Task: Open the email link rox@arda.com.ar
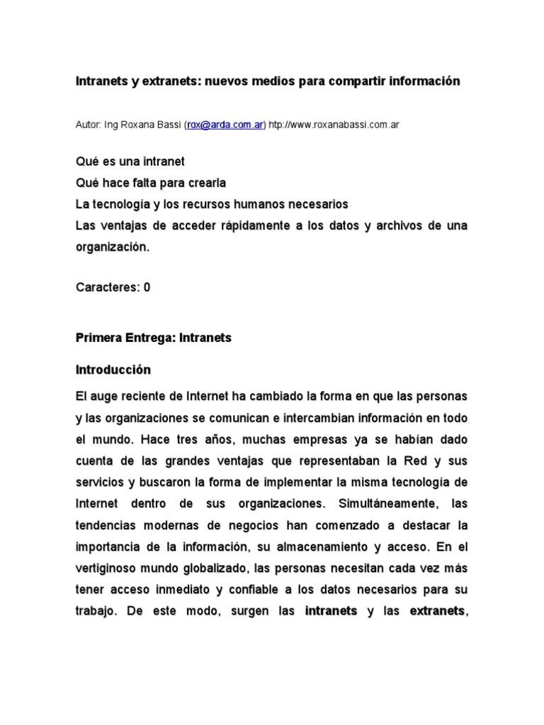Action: tap(225, 125)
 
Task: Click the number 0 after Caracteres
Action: tap(147, 287)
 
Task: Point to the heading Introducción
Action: tap(113, 370)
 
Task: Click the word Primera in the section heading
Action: tap(97, 338)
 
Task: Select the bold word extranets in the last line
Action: tap(436, 611)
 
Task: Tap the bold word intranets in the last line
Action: tap(331, 611)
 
